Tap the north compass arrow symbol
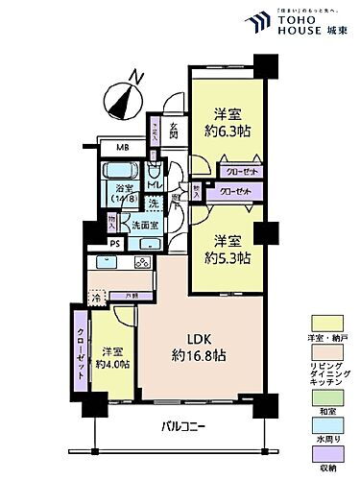(x=125, y=96)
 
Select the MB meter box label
(x=124, y=147)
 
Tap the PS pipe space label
(x=115, y=243)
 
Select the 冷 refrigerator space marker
(x=96, y=298)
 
